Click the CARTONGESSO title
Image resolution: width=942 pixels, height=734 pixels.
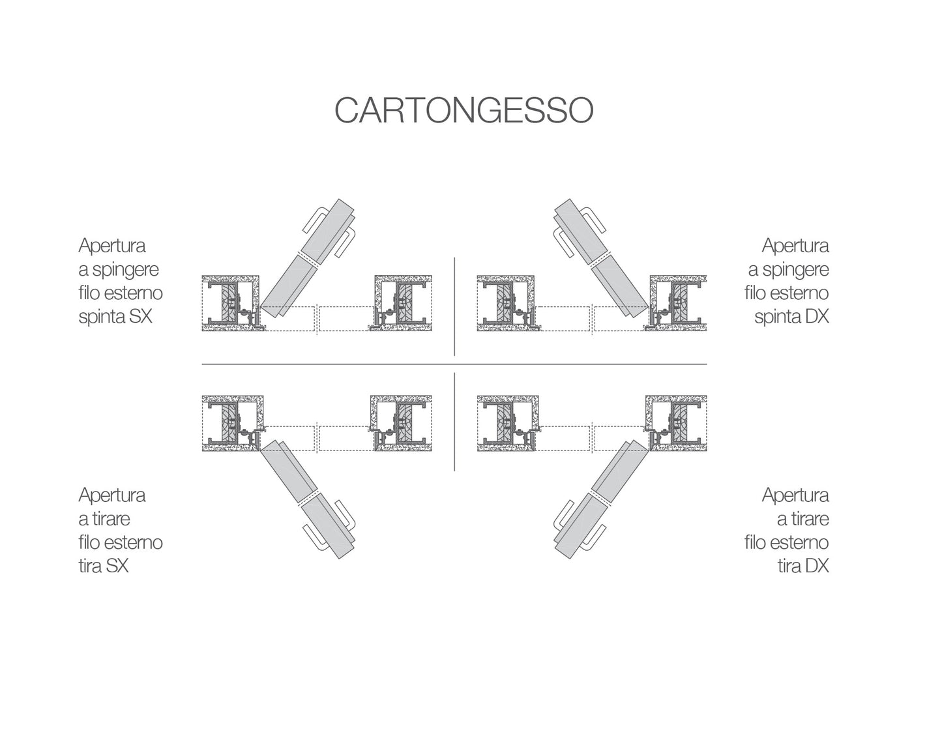coord(464,110)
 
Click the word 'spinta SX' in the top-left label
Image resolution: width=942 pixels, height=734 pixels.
coord(115,317)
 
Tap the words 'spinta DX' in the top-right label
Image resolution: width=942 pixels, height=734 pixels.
coord(791,317)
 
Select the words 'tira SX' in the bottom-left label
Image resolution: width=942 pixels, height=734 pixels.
coord(104,566)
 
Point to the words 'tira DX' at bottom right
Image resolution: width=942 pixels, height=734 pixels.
coord(802,566)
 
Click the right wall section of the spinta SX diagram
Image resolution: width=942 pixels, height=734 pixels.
coord(402,304)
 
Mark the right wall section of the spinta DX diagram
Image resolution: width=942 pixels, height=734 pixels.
coord(678,304)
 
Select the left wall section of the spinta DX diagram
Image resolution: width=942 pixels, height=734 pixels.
coord(507,304)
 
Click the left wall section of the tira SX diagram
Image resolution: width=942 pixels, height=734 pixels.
coord(233,423)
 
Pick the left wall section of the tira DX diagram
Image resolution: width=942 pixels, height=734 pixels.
coord(508,423)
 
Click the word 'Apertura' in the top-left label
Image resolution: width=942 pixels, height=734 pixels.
coord(112,246)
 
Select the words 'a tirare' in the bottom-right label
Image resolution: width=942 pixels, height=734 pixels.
coord(802,519)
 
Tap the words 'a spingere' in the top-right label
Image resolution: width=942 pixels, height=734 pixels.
coord(788,269)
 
